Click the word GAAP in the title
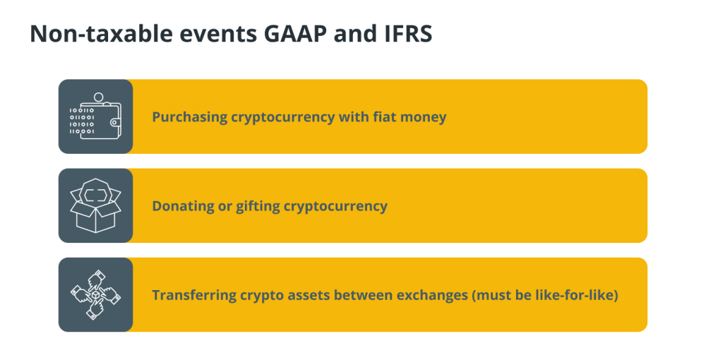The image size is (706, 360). (295, 34)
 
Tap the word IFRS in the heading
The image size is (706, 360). (408, 34)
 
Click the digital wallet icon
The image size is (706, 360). (95, 116)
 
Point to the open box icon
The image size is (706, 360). (95, 205)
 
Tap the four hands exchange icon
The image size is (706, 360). (95, 295)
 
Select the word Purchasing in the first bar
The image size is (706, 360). (189, 117)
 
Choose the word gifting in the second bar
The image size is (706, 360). (258, 206)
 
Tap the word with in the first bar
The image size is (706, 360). (354, 116)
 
